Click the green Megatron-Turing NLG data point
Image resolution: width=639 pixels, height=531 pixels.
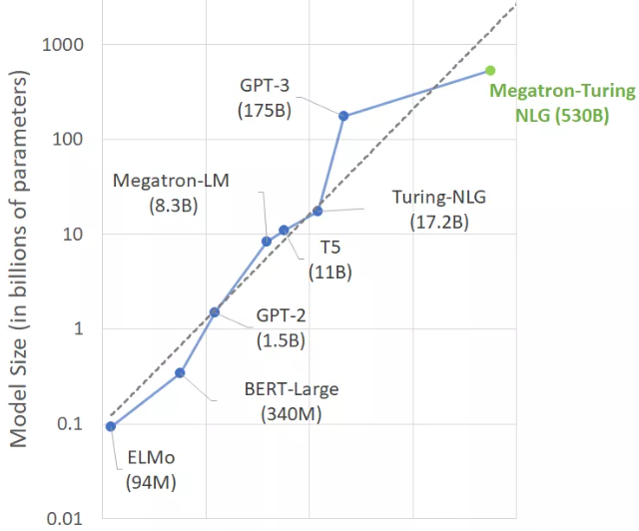(x=490, y=70)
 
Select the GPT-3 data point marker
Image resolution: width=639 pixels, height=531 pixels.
(x=343, y=116)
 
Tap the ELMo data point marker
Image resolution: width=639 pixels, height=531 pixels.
(x=110, y=426)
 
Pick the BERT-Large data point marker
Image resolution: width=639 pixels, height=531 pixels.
(x=180, y=372)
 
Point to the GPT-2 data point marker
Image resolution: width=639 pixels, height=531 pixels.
(x=215, y=311)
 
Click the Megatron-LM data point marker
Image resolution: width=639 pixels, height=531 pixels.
(x=267, y=241)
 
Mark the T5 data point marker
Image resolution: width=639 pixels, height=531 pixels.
(x=284, y=230)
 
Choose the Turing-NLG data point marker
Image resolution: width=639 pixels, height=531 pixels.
(x=318, y=211)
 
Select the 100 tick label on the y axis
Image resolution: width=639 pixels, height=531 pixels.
(x=69, y=140)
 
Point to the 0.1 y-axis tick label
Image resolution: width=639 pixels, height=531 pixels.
(x=71, y=424)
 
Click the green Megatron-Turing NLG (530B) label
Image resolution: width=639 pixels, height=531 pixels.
(x=561, y=103)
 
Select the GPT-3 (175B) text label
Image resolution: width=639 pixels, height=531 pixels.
(x=266, y=98)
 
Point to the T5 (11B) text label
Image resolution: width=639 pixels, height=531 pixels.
(x=331, y=260)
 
